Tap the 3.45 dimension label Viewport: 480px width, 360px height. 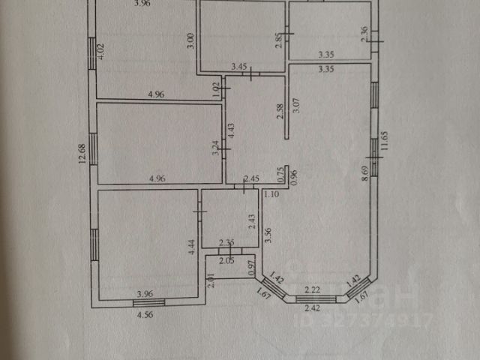point(240,67)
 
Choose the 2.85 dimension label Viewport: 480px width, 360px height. point(278,40)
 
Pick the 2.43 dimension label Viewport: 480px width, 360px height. point(252,222)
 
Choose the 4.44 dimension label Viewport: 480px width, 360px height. point(192,248)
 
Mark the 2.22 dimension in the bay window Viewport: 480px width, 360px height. point(313,289)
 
